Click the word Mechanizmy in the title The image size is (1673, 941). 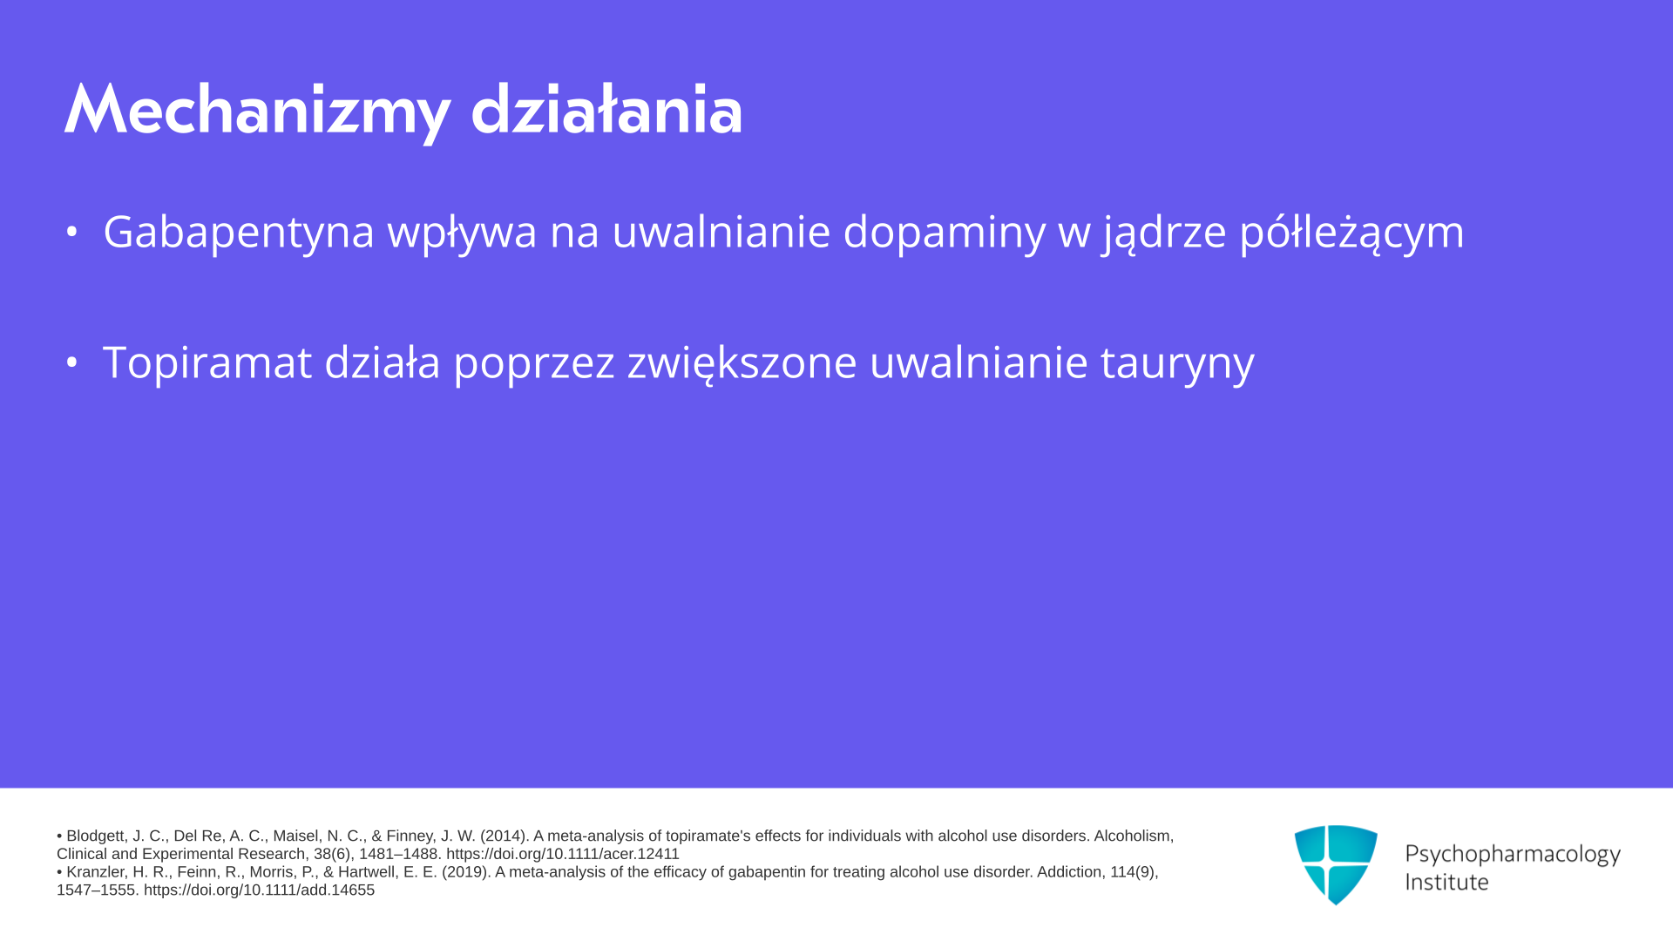coord(258,112)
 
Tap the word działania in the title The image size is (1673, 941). coord(606,110)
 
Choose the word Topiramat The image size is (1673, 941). coord(207,362)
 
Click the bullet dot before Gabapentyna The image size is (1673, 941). coord(72,232)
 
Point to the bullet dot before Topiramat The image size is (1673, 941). coord(72,362)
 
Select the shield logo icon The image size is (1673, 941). coord(1336,864)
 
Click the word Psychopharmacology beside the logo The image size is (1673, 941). coord(1513,855)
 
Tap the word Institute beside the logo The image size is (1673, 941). coord(1446,882)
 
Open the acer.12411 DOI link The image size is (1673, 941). coord(563,854)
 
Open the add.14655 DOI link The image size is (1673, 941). coord(259,890)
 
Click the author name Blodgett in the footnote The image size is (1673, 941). coord(96,836)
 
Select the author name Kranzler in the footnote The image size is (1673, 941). coord(96,872)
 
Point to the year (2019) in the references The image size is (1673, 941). coord(466,872)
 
